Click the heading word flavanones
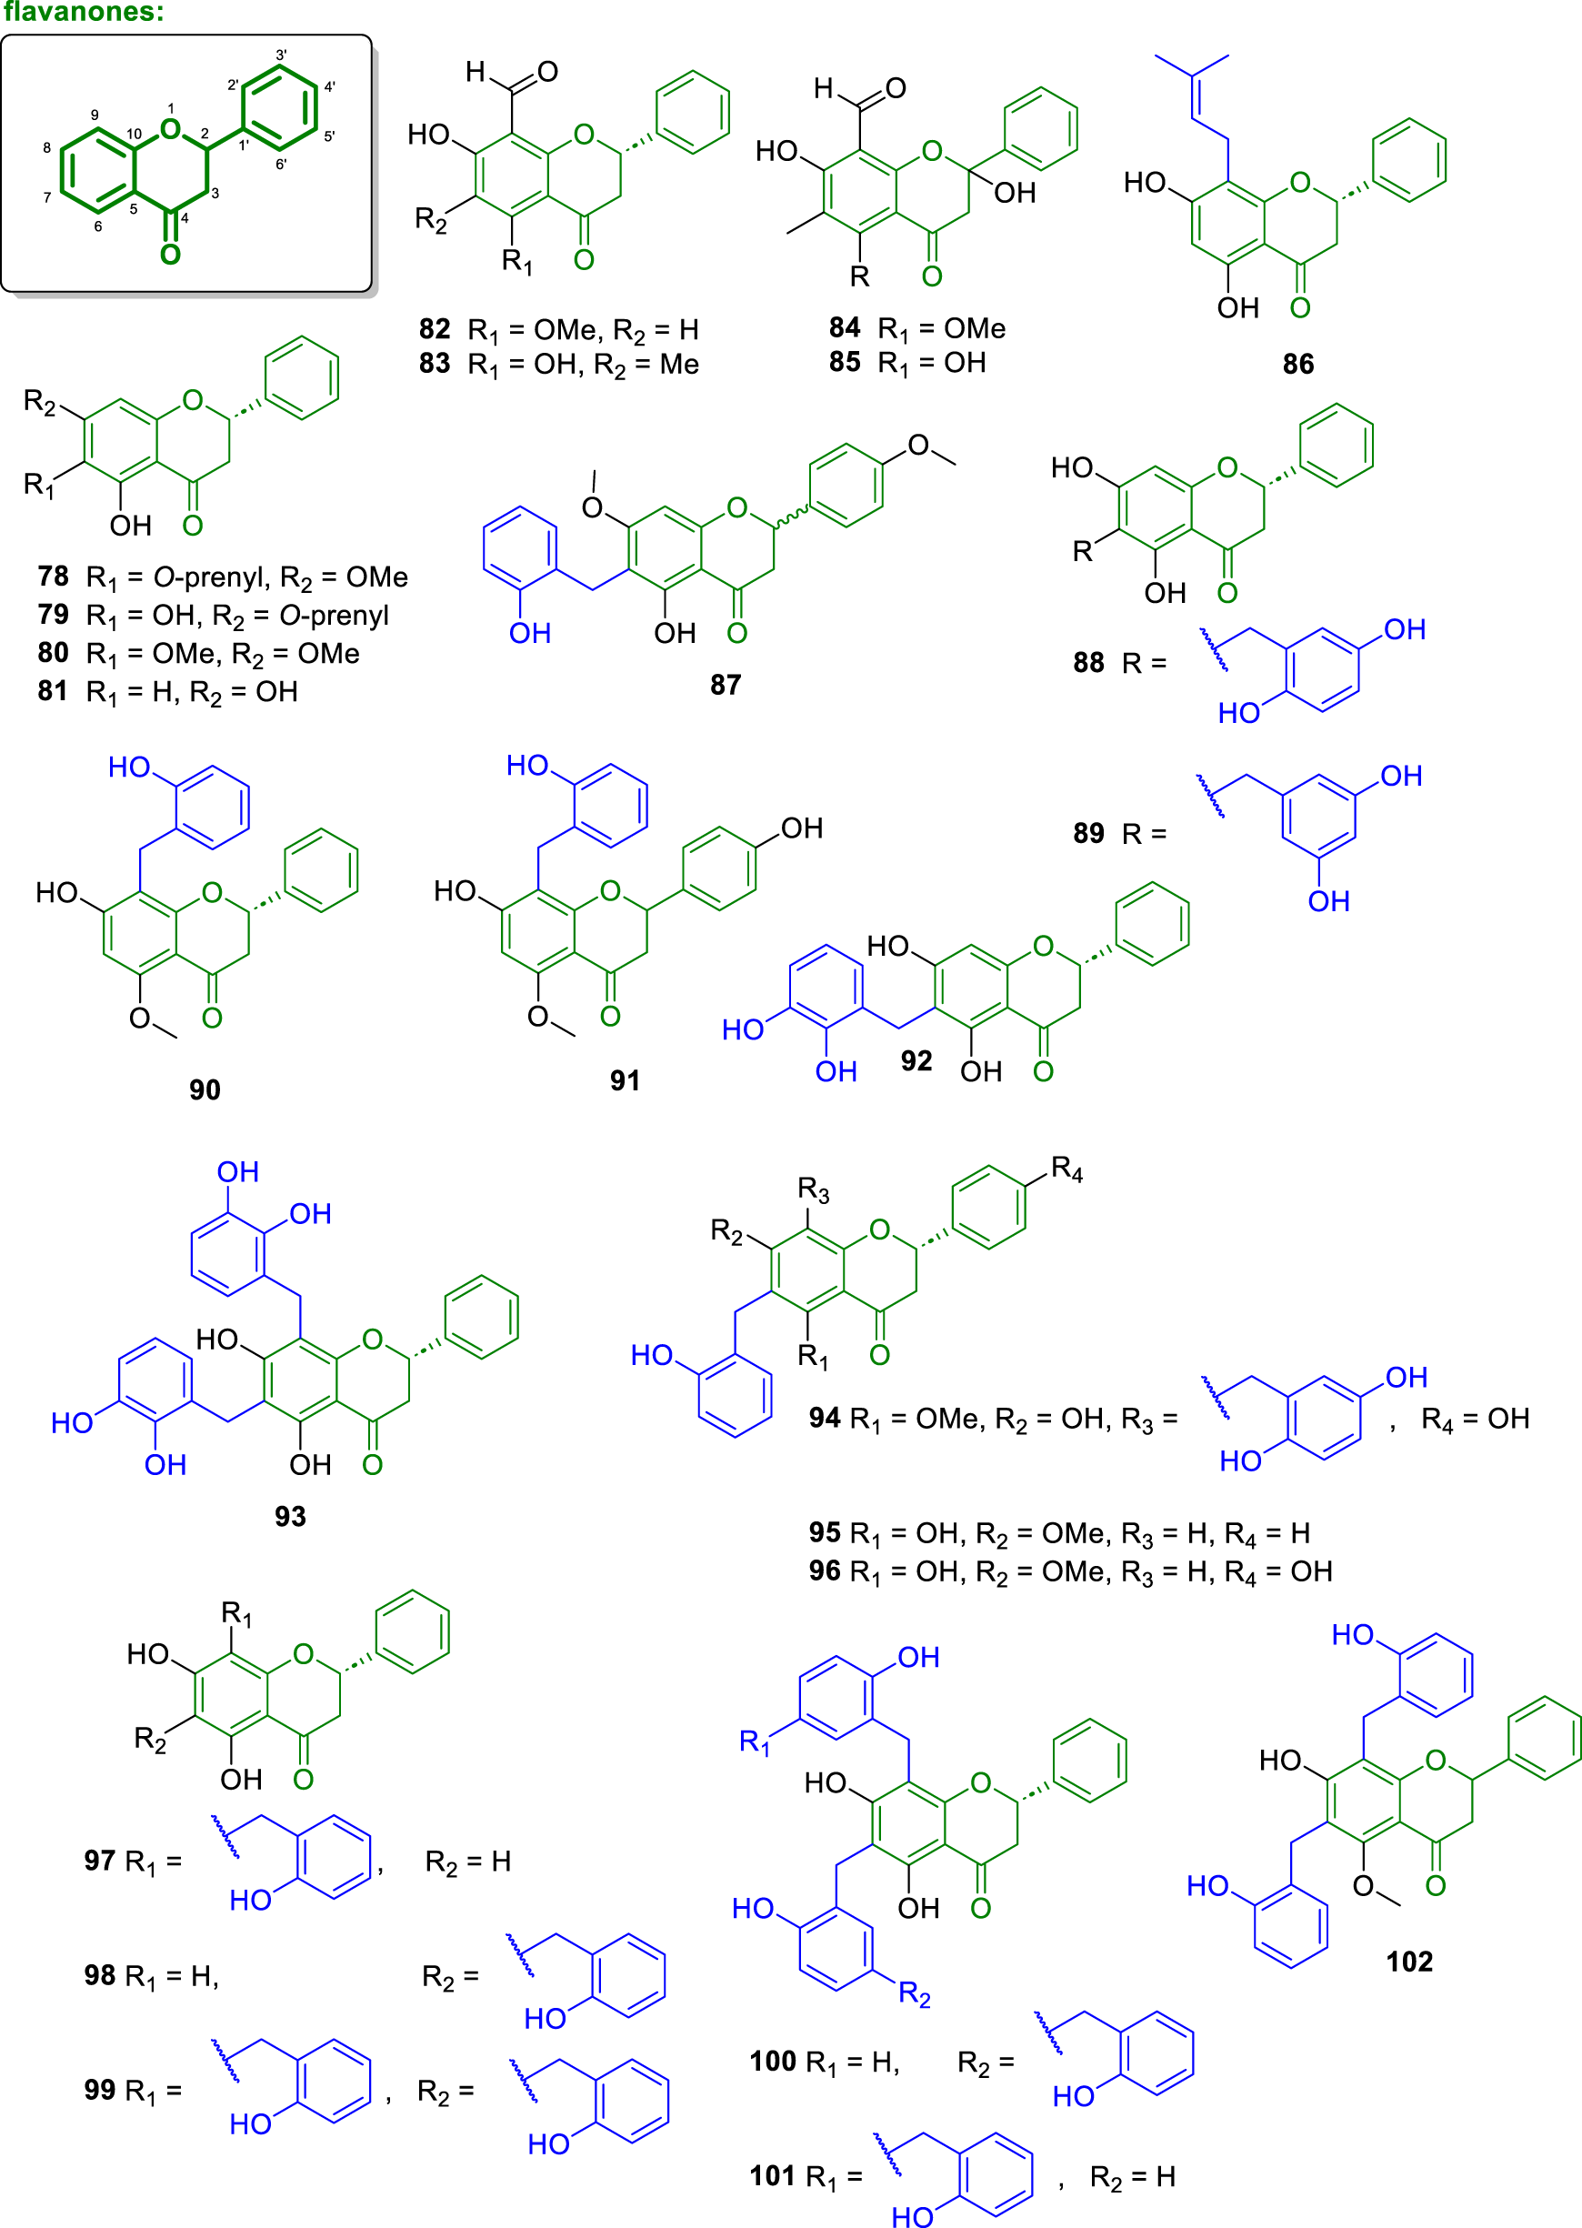click(x=83, y=13)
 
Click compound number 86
click(x=1297, y=365)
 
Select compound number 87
click(x=725, y=685)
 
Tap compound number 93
click(x=289, y=1516)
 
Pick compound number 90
click(x=205, y=1089)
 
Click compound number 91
click(x=625, y=1080)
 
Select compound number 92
click(x=916, y=1061)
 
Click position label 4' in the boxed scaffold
click(x=330, y=86)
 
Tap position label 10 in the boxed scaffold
click(x=134, y=134)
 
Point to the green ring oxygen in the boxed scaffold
click(x=172, y=129)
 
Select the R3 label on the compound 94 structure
click(x=814, y=1190)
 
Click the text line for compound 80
click(x=199, y=654)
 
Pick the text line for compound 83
click(x=559, y=366)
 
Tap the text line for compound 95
click(x=1059, y=1533)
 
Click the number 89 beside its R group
click(x=1088, y=834)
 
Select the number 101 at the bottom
click(x=773, y=2176)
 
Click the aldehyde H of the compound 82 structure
click(x=476, y=71)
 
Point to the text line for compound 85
click(x=907, y=364)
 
